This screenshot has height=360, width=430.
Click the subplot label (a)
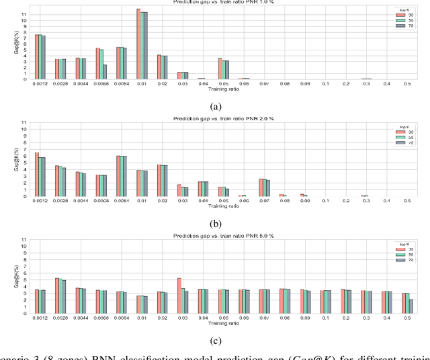click(x=214, y=106)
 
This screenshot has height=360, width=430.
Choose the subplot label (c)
click(x=214, y=340)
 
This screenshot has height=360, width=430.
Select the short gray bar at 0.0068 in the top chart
click(x=105, y=72)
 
